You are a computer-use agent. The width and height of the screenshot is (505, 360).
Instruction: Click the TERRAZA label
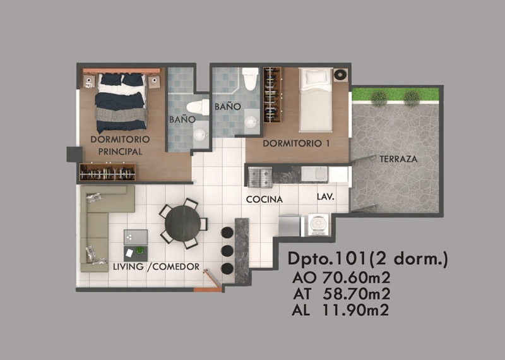pyautogui.click(x=398, y=159)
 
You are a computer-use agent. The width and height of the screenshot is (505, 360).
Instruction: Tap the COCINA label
pyautogui.click(x=264, y=200)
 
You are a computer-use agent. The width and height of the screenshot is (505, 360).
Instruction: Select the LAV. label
pyautogui.click(x=326, y=196)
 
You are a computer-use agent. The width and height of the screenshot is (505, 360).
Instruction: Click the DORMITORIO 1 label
pyautogui.click(x=296, y=143)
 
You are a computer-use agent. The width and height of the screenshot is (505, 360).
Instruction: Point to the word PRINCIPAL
pyautogui.click(x=120, y=152)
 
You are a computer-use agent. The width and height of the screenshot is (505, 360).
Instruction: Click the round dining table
pyautogui.click(x=182, y=224)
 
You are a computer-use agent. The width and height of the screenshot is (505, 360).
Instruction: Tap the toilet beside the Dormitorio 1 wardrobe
pyautogui.click(x=251, y=79)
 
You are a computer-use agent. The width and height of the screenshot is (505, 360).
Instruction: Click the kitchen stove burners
pyautogui.click(x=260, y=177)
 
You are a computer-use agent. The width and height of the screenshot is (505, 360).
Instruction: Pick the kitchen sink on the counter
pyautogui.click(x=314, y=174)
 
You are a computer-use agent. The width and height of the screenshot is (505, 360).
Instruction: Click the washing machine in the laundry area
pyautogui.click(x=318, y=225)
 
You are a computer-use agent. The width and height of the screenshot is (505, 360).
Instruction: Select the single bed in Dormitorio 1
pyautogui.click(x=316, y=99)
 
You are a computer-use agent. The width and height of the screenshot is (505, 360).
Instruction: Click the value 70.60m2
pyautogui.click(x=357, y=277)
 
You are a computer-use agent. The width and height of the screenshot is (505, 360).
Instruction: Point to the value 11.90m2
pyautogui.click(x=355, y=310)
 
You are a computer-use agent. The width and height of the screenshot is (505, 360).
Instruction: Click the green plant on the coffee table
pyautogui.click(x=140, y=250)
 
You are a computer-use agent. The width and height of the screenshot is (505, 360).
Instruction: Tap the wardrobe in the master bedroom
pyautogui.click(x=107, y=172)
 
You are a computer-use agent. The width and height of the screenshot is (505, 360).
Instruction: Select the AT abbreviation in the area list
pyautogui.click(x=302, y=294)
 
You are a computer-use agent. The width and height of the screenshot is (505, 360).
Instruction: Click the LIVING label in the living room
pyautogui.click(x=128, y=267)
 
